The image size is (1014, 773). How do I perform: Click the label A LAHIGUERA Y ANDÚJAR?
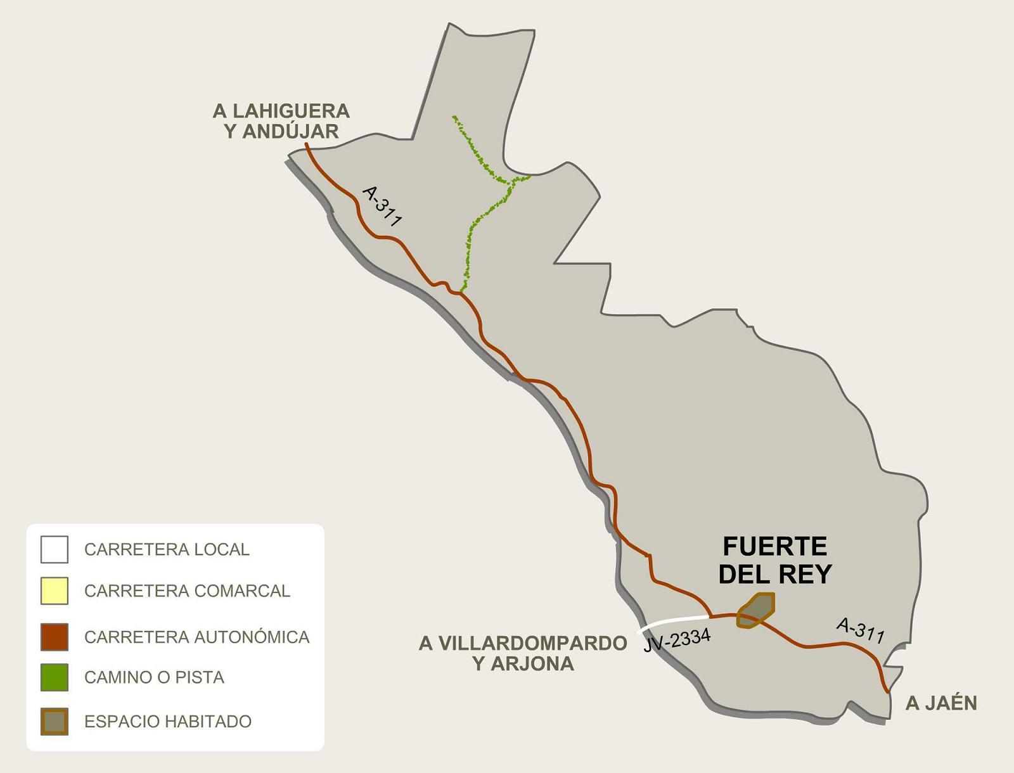pyautogui.click(x=281, y=121)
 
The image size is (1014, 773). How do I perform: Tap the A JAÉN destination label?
pyautogui.click(x=940, y=703)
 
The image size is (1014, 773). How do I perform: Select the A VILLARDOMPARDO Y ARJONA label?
pyautogui.click(x=523, y=653)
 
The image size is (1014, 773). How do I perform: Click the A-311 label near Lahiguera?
pyautogui.click(x=382, y=206)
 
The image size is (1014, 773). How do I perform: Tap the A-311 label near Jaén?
pyautogui.click(x=860, y=630)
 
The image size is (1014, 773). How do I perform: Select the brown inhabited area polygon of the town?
pyautogui.click(x=757, y=610)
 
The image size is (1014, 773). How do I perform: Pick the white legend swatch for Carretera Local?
pyautogui.click(x=55, y=549)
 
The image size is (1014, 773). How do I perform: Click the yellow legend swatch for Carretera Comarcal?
pyautogui.click(x=55, y=591)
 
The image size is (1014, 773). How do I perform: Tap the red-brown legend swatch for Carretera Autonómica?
pyautogui.click(x=55, y=637)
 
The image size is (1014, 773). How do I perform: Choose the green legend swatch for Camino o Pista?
pyautogui.click(x=55, y=677)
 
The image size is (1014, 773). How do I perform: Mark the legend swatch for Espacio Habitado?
pyautogui.click(x=55, y=722)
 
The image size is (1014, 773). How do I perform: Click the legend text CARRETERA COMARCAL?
pyautogui.click(x=187, y=591)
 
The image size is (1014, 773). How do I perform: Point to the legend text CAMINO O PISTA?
pyautogui.click(x=154, y=677)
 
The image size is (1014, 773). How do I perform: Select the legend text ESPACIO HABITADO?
pyautogui.click(x=168, y=722)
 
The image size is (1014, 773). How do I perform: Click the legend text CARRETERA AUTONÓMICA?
pyautogui.click(x=196, y=637)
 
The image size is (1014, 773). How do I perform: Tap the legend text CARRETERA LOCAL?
pyautogui.click(x=167, y=549)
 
